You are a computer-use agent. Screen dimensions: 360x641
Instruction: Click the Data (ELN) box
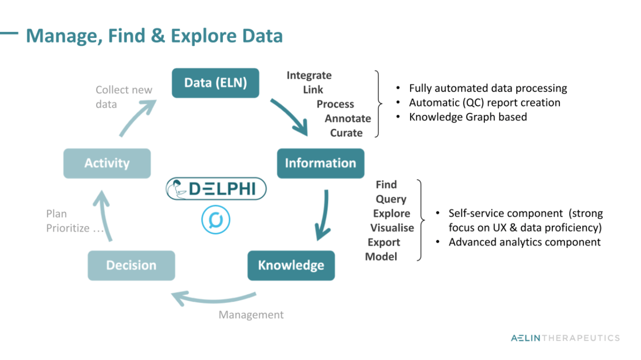coord(215,83)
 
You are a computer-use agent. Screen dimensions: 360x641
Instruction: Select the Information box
coord(320,163)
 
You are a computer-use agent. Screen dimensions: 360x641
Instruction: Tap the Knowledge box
coord(291,265)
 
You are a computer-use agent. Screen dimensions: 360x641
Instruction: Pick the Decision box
coord(131,265)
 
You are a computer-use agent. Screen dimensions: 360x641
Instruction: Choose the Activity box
coord(107,163)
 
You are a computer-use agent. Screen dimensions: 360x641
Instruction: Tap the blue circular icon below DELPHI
coord(216,219)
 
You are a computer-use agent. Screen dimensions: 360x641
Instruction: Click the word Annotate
coord(348,118)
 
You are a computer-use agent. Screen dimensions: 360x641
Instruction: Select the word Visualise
coord(392,228)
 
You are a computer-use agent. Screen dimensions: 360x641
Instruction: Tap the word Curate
coord(346,133)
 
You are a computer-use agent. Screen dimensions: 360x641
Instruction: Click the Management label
coord(251,315)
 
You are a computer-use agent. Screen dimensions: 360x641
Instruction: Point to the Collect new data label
coord(123,97)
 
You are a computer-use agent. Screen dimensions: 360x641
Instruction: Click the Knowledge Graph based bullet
coord(467,117)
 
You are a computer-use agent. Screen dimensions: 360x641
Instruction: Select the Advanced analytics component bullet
coord(524,242)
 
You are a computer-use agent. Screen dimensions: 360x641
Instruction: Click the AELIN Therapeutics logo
coord(565,338)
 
